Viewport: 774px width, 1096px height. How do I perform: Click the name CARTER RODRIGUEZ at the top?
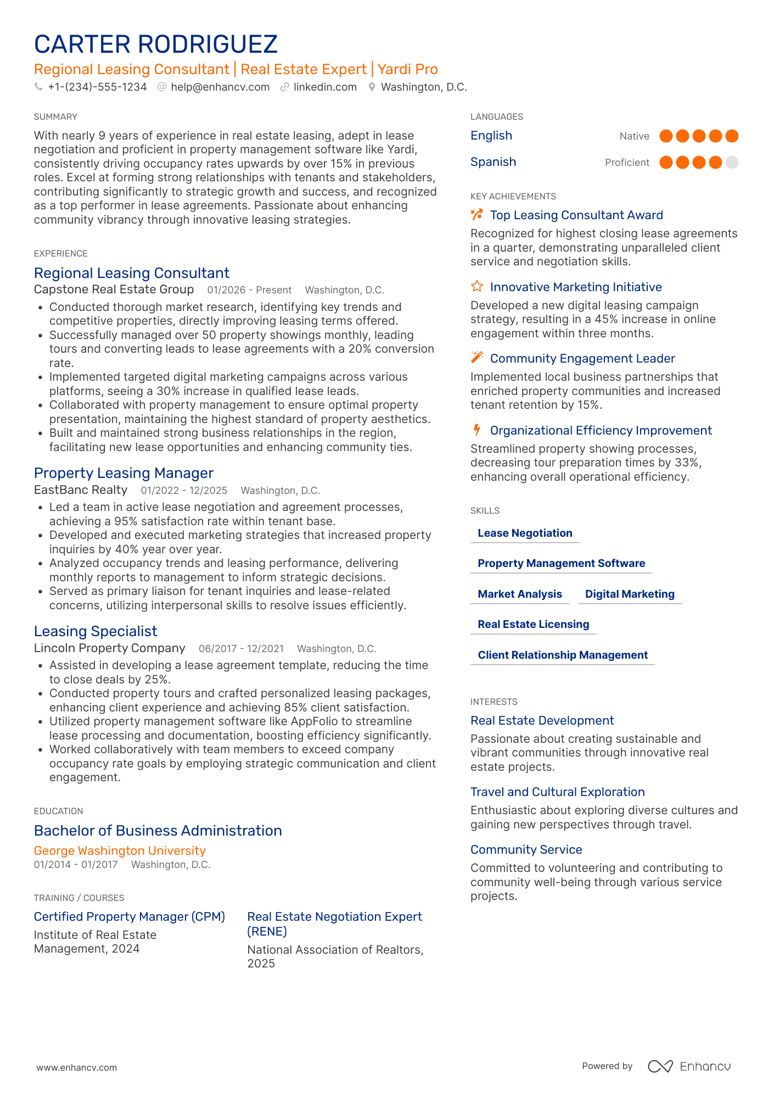pyautogui.click(x=156, y=44)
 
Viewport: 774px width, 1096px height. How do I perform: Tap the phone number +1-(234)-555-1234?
pyautogui.click(x=97, y=87)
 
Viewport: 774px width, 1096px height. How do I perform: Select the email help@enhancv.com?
pyautogui.click(x=220, y=87)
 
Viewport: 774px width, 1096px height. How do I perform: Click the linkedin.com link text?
pyautogui.click(x=325, y=87)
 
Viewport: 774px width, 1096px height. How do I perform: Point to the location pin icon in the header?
pyautogui.click(x=372, y=87)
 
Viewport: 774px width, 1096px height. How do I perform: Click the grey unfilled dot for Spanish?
pyautogui.click(x=732, y=163)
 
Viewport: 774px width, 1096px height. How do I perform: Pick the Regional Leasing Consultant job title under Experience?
pyautogui.click(x=132, y=274)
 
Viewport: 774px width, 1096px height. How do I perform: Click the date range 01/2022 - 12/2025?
pyautogui.click(x=184, y=491)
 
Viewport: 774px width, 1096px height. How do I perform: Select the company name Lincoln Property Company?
pyautogui.click(x=109, y=648)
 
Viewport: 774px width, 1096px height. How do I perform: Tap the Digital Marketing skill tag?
pyautogui.click(x=630, y=594)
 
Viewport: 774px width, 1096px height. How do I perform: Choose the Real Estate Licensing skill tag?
pyautogui.click(x=533, y=625)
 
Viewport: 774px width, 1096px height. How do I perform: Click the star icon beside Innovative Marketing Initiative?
pyautogui.click(x=477, y=287)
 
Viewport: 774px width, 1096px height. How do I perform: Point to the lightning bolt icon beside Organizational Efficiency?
pyautogui.click(x=477, y=430)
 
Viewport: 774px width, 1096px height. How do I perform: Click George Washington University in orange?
pyautogui.click(x=120, y=851)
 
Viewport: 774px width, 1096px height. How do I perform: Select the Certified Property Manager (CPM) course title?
pyautogui.click(x=130, y=917)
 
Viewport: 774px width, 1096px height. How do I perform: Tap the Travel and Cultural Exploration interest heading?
pyautogui.click(x=557, y=792)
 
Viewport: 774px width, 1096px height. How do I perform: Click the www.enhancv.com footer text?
pyautogui.click(x=77, y=1067)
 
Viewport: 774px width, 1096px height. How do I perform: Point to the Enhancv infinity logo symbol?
pyautogui.click(x=660, y=1066)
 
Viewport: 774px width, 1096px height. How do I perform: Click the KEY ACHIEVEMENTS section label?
pyautogui.click(x=513, y=197)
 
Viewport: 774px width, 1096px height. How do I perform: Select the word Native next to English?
pyautogui.click(x=634, y=136)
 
